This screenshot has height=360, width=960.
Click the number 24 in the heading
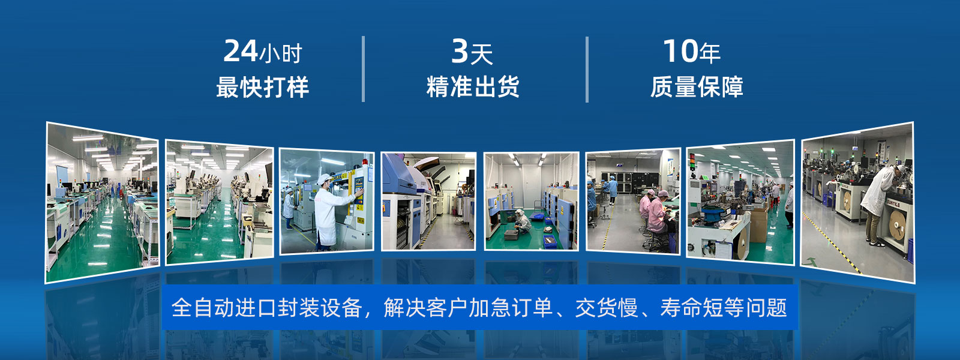pyautogui.click(x=240, y=51)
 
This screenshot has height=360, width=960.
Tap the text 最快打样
pyautogui.click(x=262, y=87)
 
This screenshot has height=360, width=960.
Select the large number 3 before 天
pyautogui.click(x=460, y=52)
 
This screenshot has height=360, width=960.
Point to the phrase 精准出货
pyautogui.click(x=473, y=86)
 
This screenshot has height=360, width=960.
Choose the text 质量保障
pyautogui.click(x=697, y=86)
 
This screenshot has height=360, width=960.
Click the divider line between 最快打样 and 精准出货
pyautogui.click(x=364, y=69)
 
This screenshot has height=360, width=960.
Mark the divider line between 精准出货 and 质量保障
pyautogui.click(x=587, y=70)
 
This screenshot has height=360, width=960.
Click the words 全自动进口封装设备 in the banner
pyautogui.click(x=266, y=308)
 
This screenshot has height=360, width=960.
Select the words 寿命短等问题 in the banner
pyautogui.click(x=724, y=308)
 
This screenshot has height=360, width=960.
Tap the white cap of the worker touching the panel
pyautogui.click(x=324, y=179)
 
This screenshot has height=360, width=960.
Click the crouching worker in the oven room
pyautogui.click(x=523, y=221)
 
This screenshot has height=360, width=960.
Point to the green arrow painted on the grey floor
pyautogui.click(x=812, y=261)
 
